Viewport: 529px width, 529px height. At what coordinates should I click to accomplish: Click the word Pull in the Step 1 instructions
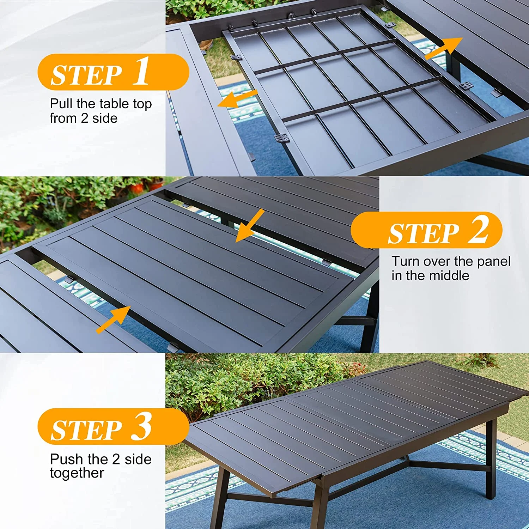click(x=61, y=104)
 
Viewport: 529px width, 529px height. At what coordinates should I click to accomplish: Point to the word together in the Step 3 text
click(x=77, y=474)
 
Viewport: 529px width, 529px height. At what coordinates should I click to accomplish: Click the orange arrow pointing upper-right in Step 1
click(x=443, y=48)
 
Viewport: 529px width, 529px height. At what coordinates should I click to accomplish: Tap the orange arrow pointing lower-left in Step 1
click(x=237, y=98)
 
